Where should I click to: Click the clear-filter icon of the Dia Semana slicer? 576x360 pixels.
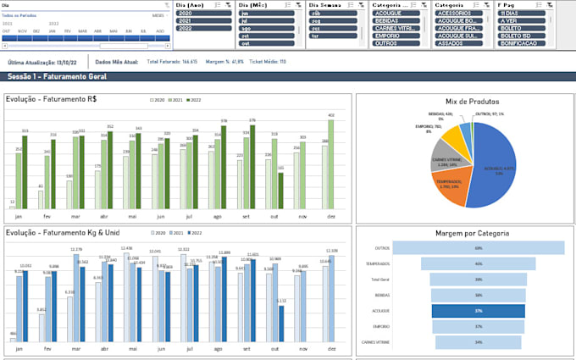(x=362, y=5)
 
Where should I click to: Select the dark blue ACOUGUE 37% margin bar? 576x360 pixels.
(x=478, y=311)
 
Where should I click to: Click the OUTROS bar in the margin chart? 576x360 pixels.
(x=478, y=248)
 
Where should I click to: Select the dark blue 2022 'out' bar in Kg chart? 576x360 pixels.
(x=280, y=326)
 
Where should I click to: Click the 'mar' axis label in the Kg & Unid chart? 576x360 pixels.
(x=75, y=349)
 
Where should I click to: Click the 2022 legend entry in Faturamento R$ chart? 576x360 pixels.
(x=193, y=101)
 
